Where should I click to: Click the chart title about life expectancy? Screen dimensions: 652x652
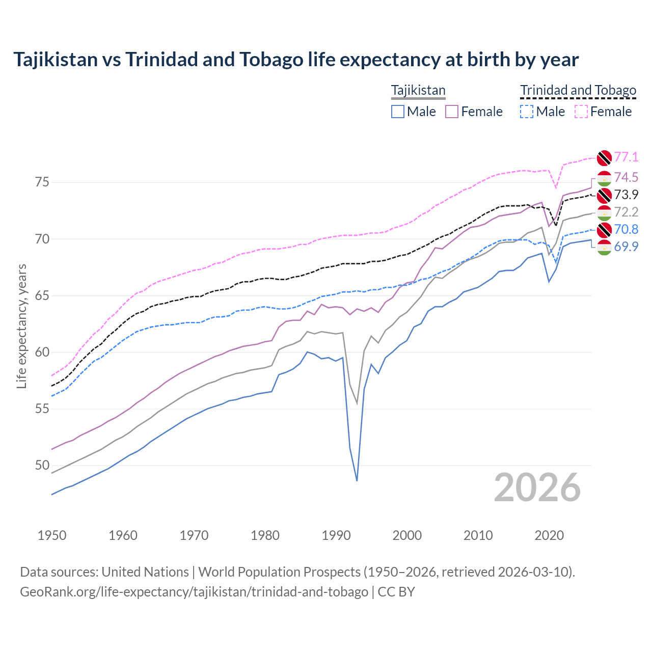(296, 60)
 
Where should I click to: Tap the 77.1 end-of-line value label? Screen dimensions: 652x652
(626, 157)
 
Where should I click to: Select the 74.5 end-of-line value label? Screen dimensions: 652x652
(626, 177)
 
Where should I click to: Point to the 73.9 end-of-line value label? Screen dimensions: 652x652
(626, 195)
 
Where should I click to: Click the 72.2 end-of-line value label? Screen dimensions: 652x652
(626, 212)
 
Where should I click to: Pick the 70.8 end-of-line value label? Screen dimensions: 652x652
(626, 229)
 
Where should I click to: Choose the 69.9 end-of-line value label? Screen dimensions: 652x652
(626, 247)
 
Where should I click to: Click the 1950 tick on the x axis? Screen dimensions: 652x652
(52, 535)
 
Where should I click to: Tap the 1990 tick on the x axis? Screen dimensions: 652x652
(336, 535)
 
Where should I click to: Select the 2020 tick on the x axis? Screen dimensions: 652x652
(549, 535)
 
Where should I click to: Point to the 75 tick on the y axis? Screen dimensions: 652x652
(42, 182)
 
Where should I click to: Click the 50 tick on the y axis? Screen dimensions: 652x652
(42, 465)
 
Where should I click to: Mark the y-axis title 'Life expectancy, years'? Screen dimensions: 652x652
(21, 326)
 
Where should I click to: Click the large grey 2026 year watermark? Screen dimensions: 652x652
(537, 487)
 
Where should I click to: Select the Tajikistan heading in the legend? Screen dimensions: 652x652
(418, 91)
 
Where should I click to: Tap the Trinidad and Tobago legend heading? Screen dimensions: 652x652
(578, 91)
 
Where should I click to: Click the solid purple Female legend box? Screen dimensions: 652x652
(452, 112)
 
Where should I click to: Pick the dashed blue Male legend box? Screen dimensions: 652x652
(527, 112)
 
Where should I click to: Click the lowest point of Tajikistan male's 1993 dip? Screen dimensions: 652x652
(357, 480)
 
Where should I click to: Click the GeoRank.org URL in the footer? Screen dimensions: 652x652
(194, 592)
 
